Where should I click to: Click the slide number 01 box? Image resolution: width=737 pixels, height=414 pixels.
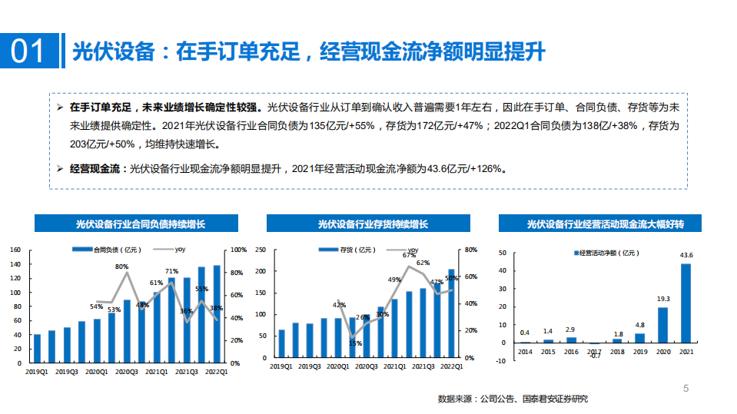click(x=31, y=51)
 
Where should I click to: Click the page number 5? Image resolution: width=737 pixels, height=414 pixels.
click(x=686, y=389)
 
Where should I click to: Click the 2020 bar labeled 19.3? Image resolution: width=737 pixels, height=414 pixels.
click(x=662, y=324)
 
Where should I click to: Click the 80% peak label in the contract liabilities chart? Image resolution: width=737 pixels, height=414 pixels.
click(x=122, y=266)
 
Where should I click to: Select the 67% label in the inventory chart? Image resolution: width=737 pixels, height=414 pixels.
click(x=409, y=255)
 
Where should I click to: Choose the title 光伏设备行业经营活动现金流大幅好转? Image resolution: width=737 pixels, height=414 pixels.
click(x=606, y=224)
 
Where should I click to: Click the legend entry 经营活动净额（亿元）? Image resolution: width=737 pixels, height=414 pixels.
click(x=606, y=252)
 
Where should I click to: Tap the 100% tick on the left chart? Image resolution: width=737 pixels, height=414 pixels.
click(x=237, y=250)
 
